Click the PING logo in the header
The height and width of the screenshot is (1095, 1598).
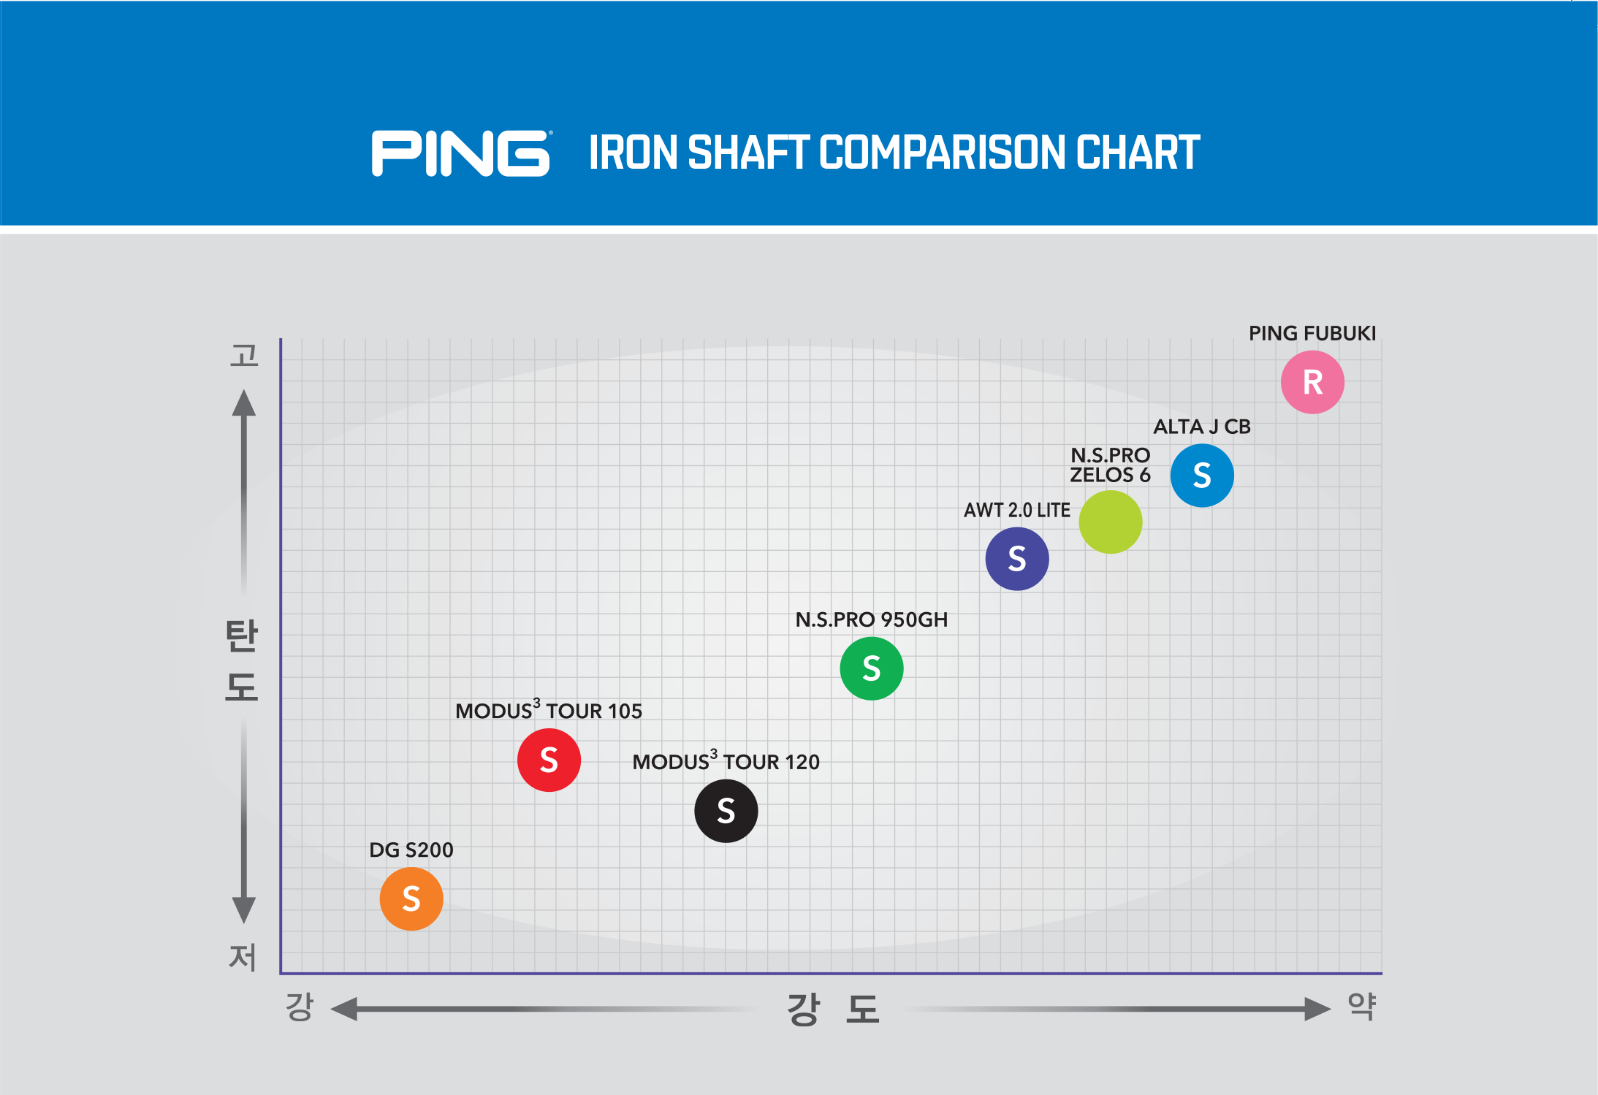coord(461,153)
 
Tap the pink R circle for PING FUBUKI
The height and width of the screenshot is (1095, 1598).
coord(1312,382)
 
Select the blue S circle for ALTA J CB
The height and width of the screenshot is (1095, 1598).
coord(1202,476)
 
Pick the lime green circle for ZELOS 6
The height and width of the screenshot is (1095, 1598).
coord(1110,522)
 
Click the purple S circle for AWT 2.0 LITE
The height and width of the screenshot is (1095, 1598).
coord(1016,559)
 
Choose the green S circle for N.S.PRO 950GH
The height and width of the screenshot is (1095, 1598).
coord(871,668)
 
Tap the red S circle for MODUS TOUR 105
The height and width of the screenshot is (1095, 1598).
coord(549,760)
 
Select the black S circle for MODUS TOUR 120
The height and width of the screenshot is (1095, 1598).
coord(726,811)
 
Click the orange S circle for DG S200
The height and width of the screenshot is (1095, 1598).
coord(411,898)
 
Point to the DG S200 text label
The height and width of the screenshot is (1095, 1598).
coord(411,850)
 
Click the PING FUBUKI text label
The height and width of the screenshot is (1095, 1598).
coord(1312,334)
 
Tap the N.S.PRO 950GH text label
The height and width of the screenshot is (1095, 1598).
coord(871,620)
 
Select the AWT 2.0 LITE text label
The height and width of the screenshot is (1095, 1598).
coord(1016,510)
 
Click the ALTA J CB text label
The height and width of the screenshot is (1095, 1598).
coord(1202,427)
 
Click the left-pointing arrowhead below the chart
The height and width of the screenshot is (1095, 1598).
coord(345,1009)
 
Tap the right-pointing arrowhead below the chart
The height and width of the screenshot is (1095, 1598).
coord(1317,1009)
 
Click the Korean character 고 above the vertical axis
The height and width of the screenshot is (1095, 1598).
coord(244,356)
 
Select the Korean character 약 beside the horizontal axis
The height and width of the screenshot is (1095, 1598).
coord(1362,1007)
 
